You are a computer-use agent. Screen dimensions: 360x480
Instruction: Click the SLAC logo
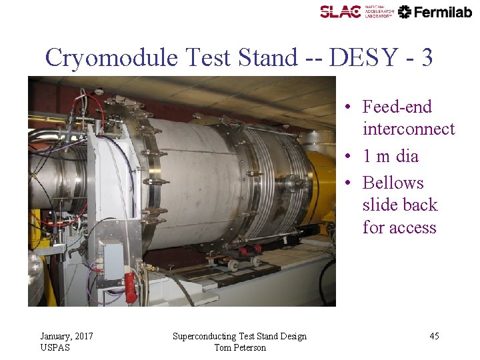(341, 11)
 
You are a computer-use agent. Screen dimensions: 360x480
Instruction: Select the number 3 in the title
(427, 58)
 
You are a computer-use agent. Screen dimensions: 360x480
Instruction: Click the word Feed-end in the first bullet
(397, 107)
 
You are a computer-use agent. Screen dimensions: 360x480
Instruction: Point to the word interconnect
(408, 129)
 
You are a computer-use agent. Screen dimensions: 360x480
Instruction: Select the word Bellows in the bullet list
(393, 183)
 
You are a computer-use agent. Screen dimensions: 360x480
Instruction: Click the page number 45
(434, 336)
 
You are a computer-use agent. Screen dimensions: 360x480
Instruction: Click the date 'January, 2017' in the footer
(67, 336)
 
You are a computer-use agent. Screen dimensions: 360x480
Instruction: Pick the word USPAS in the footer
(55, 347)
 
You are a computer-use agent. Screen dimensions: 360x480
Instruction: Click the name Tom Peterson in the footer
(239, 347)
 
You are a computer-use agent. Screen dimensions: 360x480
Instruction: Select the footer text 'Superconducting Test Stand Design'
(239, 336)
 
